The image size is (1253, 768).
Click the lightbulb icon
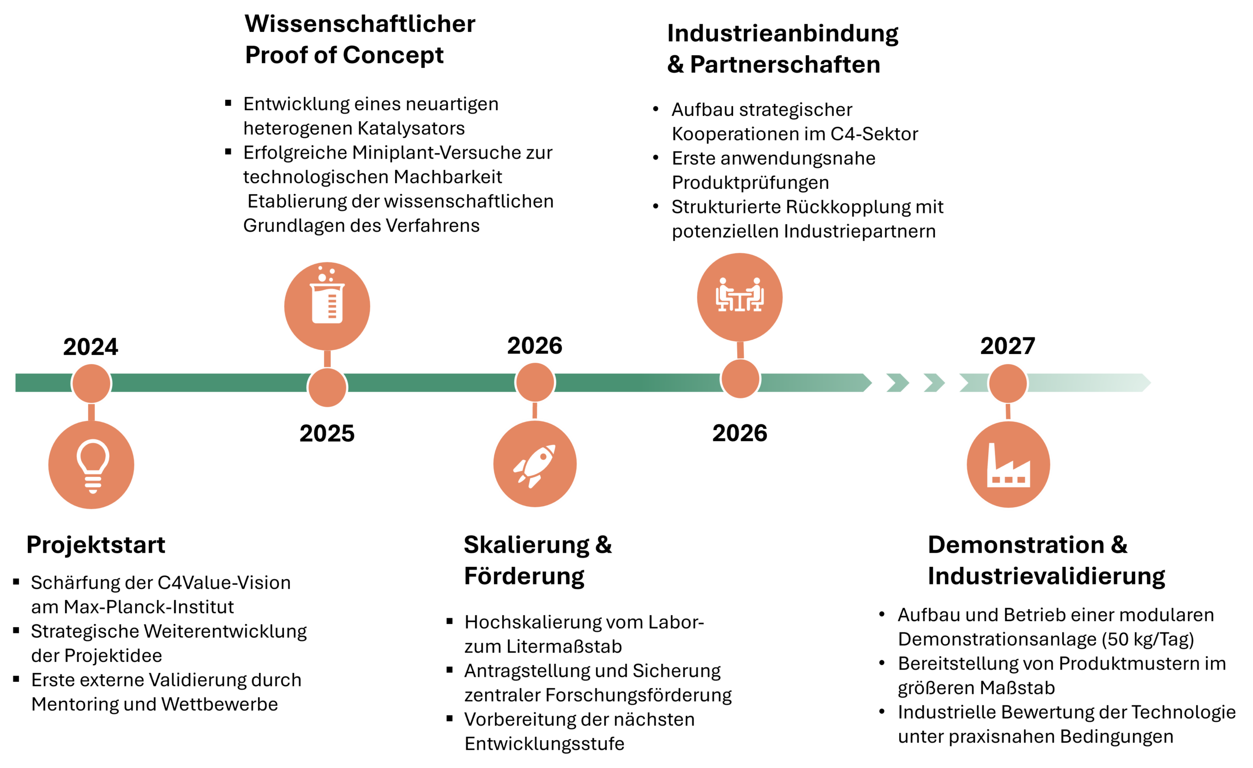92,465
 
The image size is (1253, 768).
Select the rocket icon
534,465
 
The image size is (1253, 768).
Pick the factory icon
1008,465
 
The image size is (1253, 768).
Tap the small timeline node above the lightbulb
92,383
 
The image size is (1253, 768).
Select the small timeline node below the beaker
327,388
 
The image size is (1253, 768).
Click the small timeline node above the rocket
535,382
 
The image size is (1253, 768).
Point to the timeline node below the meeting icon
741,379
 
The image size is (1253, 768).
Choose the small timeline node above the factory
1008,383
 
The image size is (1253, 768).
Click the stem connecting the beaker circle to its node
327,359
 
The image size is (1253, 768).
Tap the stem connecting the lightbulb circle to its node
92,413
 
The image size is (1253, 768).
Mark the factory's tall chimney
992,458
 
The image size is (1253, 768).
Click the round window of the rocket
543,457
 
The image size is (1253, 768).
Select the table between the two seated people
740,300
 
